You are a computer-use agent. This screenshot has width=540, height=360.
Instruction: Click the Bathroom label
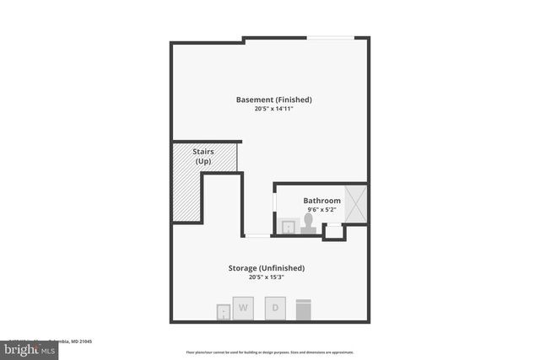click(x=322, y=201)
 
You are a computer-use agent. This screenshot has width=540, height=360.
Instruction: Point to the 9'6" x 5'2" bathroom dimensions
click(x=322, y=210)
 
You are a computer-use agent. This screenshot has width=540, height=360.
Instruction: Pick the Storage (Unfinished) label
click(x=266, y=268)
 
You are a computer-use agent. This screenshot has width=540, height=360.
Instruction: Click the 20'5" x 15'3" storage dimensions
click(x=266, y=277)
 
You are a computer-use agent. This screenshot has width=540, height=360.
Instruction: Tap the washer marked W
click(x=244, y=309)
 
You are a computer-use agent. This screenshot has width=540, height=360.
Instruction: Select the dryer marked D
click(x=275, y=308)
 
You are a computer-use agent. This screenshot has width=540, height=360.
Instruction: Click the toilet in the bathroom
click(x=309, y=223)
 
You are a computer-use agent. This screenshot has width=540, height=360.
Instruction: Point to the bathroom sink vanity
click(x=289, y=226)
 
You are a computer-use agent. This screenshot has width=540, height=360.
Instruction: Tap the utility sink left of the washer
click(x=223, y=312)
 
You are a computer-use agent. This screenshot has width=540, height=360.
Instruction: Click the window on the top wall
click(x=330, y=37)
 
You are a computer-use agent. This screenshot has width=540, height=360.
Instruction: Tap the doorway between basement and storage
click(x=257, y=236)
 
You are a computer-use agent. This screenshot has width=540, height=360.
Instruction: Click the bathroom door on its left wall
click(x=274, y=204)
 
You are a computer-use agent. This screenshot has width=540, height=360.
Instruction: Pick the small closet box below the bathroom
click(x=334, y=231)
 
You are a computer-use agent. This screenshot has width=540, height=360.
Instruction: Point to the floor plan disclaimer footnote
click(x=270, y=352)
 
